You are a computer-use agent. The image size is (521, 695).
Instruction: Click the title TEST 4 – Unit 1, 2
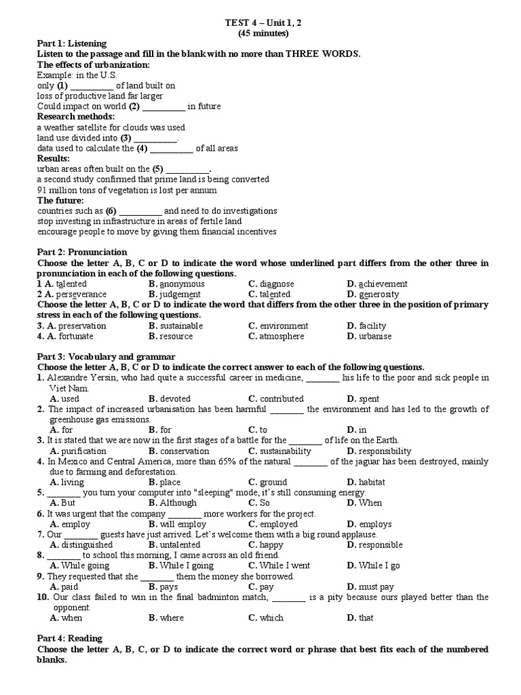pos(263,23)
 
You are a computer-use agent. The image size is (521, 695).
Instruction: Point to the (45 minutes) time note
pos(263,33)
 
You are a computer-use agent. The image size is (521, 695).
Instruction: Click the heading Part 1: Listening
pos(72,43)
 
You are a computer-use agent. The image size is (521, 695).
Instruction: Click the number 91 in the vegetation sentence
pos(42,190)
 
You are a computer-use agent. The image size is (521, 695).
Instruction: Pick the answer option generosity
pos(379,295)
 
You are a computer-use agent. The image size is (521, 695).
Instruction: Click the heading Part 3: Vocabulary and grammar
pos(107,356)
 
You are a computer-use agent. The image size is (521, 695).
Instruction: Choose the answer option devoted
pos(175,399)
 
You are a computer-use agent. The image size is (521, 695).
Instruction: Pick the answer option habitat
pos(373,483)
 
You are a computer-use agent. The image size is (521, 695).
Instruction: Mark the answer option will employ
pos(182,524)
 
